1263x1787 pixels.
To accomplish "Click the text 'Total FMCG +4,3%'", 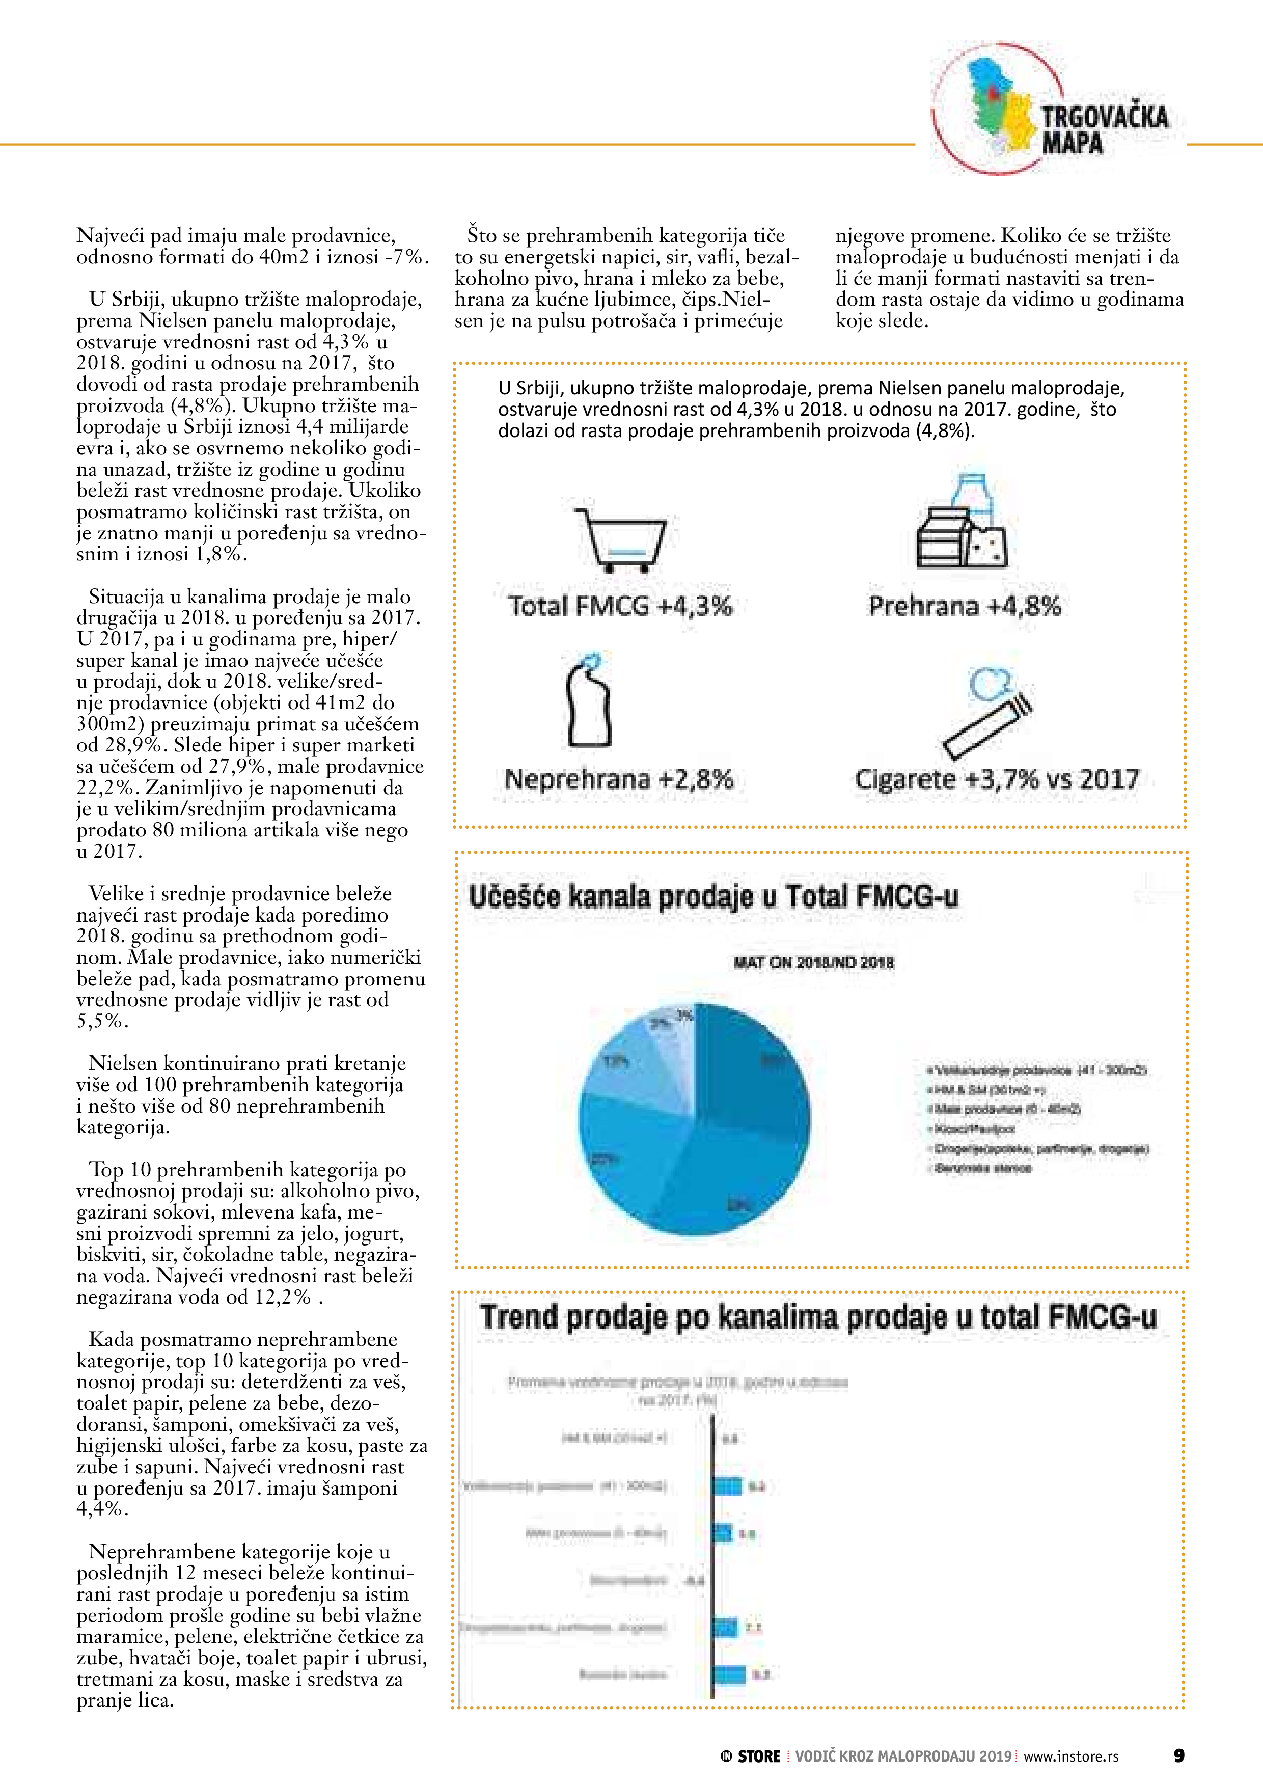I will tap(620, 606).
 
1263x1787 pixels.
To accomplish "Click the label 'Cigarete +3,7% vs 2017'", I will tap(997, 779).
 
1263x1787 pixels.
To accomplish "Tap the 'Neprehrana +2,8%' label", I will tap(619, 779).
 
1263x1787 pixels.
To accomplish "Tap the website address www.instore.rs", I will tap(1071, 1756).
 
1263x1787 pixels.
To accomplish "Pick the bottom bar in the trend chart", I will tap(729, 1674).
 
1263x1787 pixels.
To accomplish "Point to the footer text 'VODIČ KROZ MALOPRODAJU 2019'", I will tap(903, 1756).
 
